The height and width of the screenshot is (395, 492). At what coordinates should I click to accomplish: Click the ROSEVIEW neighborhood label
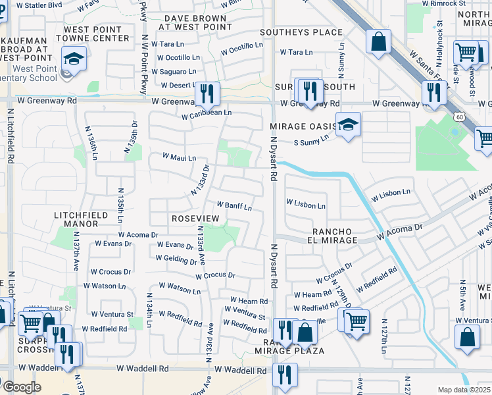pos(195,218)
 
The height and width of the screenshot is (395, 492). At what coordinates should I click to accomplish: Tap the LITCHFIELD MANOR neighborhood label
pos(76,219)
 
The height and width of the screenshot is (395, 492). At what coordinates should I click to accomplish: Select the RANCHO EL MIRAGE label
pos(335,236)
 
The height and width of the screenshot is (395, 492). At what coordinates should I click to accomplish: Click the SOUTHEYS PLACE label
pos(301,32)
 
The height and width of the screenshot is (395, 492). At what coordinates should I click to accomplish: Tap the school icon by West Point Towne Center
pos(74,59)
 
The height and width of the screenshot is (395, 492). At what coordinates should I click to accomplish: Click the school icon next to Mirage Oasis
pos(349,124)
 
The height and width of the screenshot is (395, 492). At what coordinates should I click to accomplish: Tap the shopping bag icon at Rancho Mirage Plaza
pos(305,330)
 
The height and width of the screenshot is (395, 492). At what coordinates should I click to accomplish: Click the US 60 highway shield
pos(458,117)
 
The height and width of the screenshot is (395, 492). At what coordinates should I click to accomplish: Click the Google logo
pos(22,386)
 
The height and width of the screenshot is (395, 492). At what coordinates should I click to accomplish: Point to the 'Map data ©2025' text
pos(464,390)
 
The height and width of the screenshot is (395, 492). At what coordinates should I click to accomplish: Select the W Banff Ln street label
pos(234,207)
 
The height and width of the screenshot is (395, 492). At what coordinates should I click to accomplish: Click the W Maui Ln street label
pos(180,158)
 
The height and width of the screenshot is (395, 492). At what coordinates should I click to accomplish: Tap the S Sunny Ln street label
pos(310,140)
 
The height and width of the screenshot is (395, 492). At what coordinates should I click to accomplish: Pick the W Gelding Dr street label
pos(176,259)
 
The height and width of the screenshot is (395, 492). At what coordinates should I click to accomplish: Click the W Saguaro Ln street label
pos(174,71)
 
